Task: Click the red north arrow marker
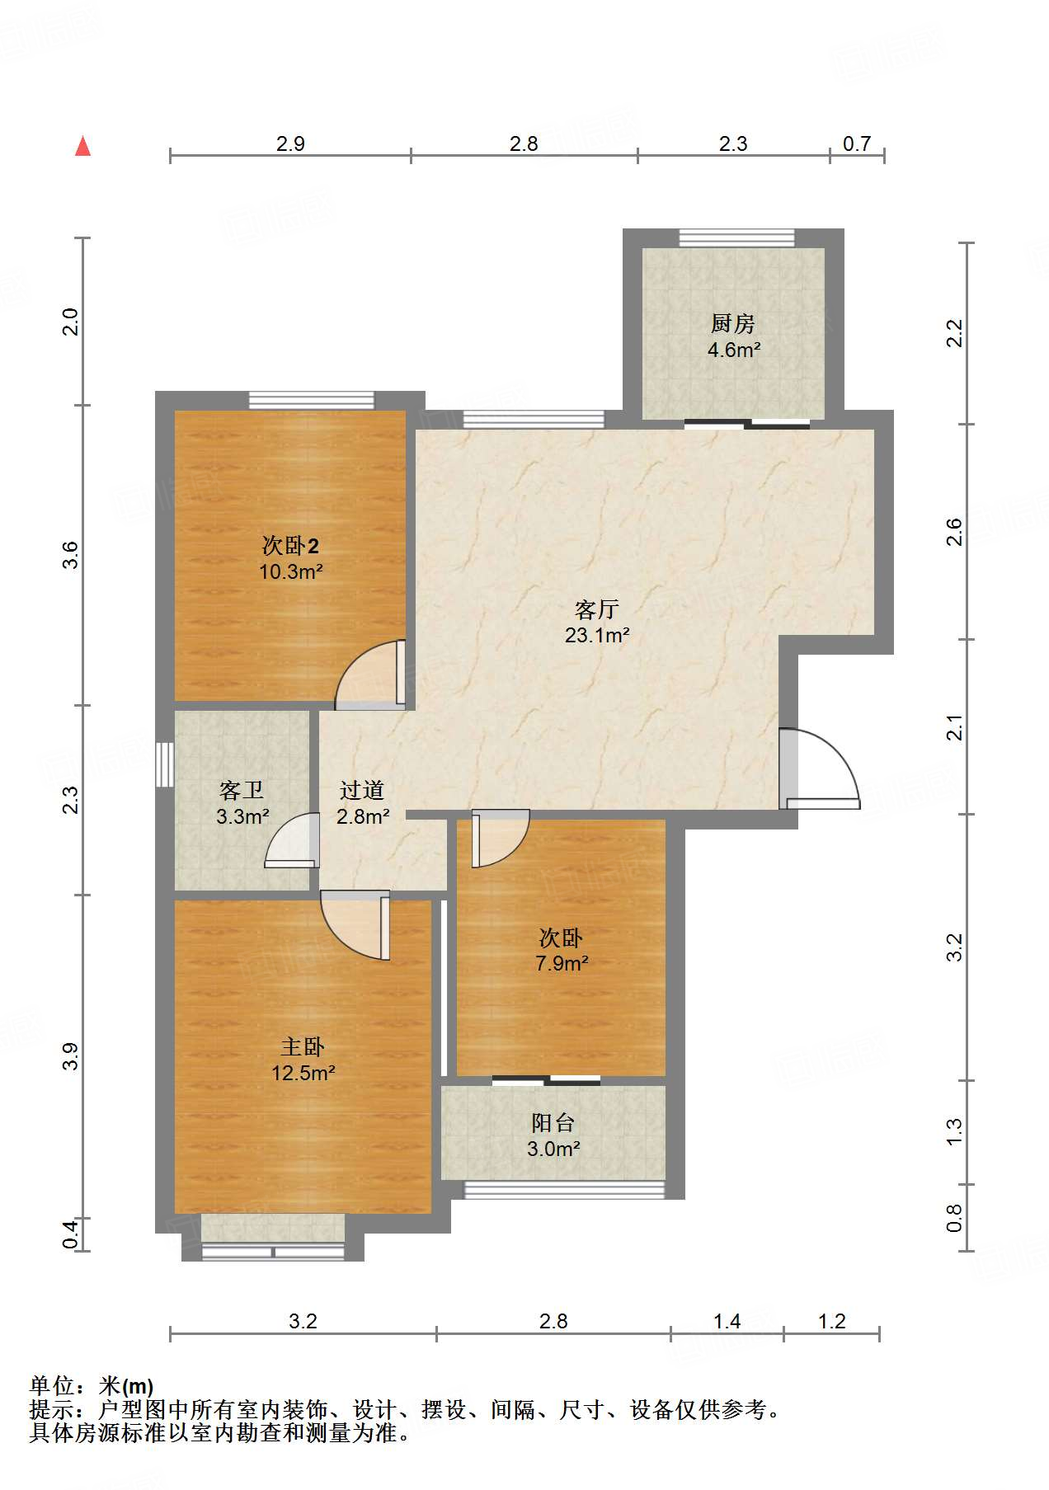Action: (82, 146)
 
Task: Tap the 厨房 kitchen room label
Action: (733, 324)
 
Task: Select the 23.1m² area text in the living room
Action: (597, 635)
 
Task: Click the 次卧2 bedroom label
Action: (290, 545)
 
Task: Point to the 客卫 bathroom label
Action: (242, 791)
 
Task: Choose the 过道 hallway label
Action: (362, 791)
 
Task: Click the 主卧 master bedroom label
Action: (303, 1047)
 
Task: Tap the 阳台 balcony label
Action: (553, 1122)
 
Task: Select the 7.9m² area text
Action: (562, 962)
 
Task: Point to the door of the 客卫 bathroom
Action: (292, 840)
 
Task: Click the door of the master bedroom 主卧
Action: (355, 925)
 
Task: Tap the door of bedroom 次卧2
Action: (370, 674)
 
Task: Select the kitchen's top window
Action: (736, 237)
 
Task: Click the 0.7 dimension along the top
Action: (857, 143)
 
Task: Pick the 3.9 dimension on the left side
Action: (72, 1056)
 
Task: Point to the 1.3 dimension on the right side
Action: (954, 1131)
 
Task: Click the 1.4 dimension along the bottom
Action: (727, 1321)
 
